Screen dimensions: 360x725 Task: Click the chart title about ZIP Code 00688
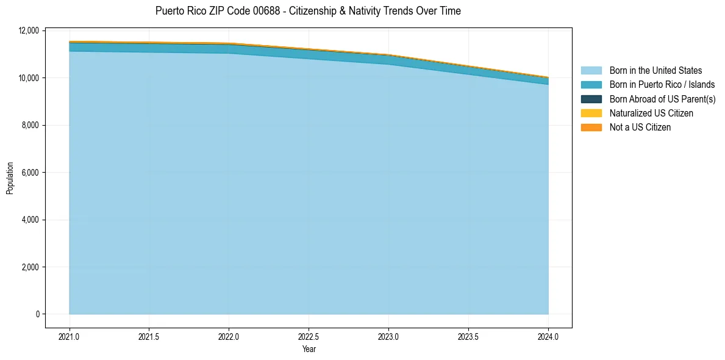click(x=308, y=11)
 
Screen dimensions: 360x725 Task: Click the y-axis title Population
click(x=10, y=178)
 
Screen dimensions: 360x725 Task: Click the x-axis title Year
click(x=309, y=350)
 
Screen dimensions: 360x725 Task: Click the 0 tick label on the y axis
click(x=37, y=314)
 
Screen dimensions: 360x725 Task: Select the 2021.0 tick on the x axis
click(x=69, y=336)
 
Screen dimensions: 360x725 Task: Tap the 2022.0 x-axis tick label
click(x=229, y=336)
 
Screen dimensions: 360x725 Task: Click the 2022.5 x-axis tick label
click(x=309, y=336)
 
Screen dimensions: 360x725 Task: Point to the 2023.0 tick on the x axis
click(x=388, y=336)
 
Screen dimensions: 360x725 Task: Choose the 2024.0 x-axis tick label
click(x=548, y=336)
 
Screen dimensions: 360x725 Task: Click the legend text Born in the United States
click(x=655, y=71)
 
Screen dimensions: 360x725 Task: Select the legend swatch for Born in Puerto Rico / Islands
click(x=591, y=85)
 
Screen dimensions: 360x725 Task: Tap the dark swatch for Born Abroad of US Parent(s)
click(x=591, y=99)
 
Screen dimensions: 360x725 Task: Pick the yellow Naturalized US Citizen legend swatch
click(x=591, y=113)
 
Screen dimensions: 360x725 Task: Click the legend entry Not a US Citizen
click(x=640, y=128)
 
